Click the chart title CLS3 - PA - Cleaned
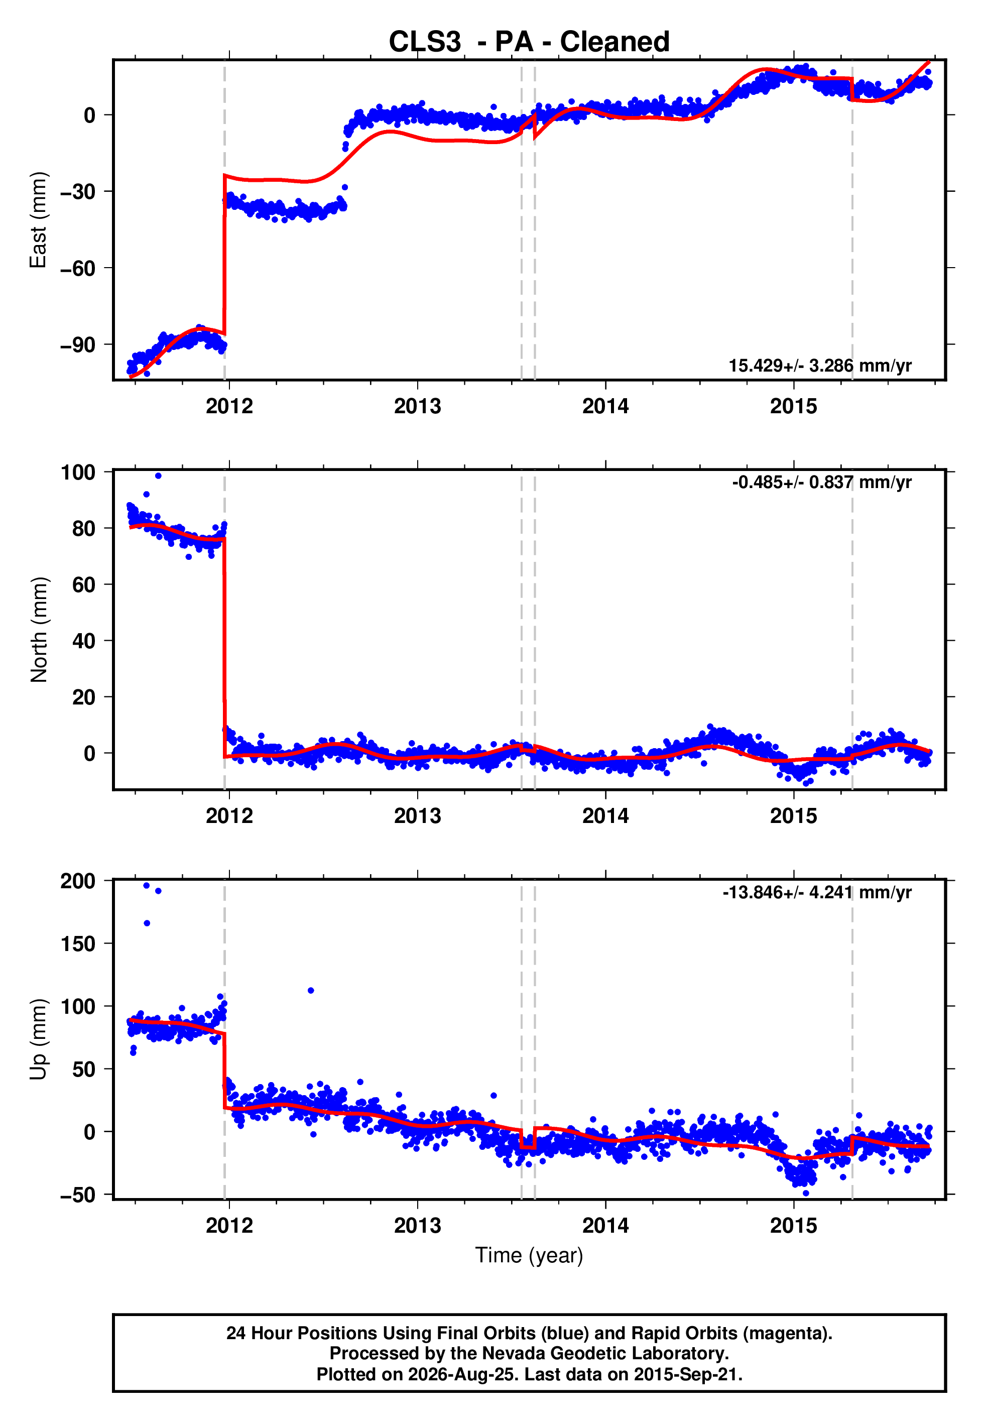(529, 42)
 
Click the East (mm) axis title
(38, 220)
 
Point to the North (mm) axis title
(38, 630)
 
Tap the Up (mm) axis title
(38, 1039)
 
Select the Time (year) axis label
(529, 1255)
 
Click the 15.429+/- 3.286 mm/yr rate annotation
(820, 366)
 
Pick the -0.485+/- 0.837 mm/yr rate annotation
(821, 482)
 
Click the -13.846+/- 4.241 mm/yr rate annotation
(817, 892)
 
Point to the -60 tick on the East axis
(78, 269)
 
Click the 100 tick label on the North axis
(78, 472)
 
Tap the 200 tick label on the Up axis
(78, 881)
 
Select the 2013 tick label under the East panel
(418, 406)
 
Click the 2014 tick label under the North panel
(605, 816)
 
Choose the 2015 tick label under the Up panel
(794, 1226)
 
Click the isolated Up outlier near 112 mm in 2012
(310, 990)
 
